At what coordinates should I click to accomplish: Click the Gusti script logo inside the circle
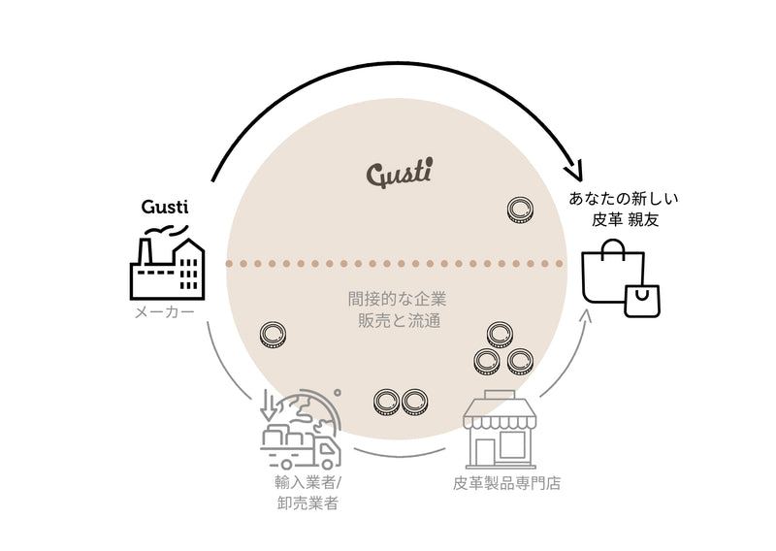coord(399,175)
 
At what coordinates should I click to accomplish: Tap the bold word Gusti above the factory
coord(165,207)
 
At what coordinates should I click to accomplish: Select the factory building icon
coord(169,269)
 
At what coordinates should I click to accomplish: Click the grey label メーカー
coord(164,312)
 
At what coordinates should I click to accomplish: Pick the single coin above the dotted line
coord(521,209)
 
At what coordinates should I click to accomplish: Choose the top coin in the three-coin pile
coord(501,336)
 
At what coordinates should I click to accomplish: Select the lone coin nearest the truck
coord(273,336)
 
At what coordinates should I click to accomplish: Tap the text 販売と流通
coord(398,319)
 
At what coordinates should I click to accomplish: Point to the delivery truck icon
coord(303,445)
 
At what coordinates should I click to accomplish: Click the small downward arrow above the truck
coord(269,405)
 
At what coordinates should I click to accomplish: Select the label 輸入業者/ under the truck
coord(306,481)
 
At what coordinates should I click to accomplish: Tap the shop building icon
coord(499,432)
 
